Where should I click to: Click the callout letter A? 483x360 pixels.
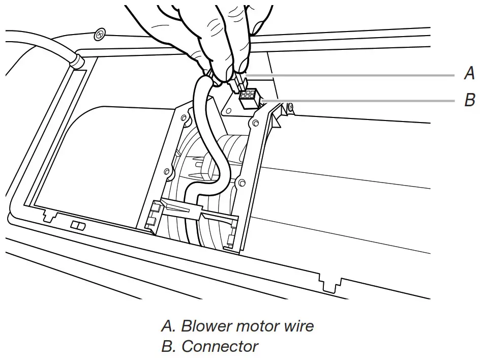[x=469, y=74]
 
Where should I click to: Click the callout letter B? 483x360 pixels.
[x=469, y=100]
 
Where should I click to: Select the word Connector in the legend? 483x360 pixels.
[x=220, y=347]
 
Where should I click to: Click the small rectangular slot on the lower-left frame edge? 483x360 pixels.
[x=78, y=225]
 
